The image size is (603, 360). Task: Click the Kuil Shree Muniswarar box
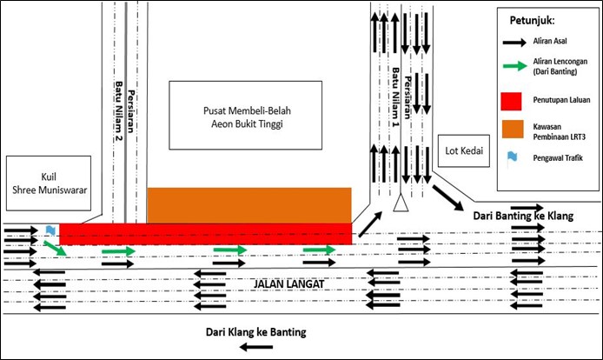coord(49,183)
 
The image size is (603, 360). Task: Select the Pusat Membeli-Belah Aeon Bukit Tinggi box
coord(246,115)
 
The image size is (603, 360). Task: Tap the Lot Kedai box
coord(464,151)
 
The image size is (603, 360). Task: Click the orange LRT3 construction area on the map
coord(249,205)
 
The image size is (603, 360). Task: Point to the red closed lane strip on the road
coord(205,234)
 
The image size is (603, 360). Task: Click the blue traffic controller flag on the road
coord(50,230)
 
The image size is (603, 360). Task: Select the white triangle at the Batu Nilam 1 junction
coord(401,203)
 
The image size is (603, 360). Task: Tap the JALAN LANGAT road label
coord(288,284)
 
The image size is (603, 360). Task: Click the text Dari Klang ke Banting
coord(256,332)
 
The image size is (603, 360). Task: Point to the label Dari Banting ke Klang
coord(523,216)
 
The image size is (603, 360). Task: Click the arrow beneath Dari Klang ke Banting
coord(256,347)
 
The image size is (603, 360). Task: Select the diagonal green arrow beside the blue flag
coord(56,249)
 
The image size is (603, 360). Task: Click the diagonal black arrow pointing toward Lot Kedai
coord(448,198)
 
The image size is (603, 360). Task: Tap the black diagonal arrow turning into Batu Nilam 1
coord(371,223)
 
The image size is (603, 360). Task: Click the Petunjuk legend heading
coord(533,20)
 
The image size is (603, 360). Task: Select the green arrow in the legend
coord(515,66)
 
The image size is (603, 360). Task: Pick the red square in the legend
coord(511,101)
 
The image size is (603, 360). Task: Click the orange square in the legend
coord(513,129)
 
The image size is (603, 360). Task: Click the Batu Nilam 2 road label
coord(118,110)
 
